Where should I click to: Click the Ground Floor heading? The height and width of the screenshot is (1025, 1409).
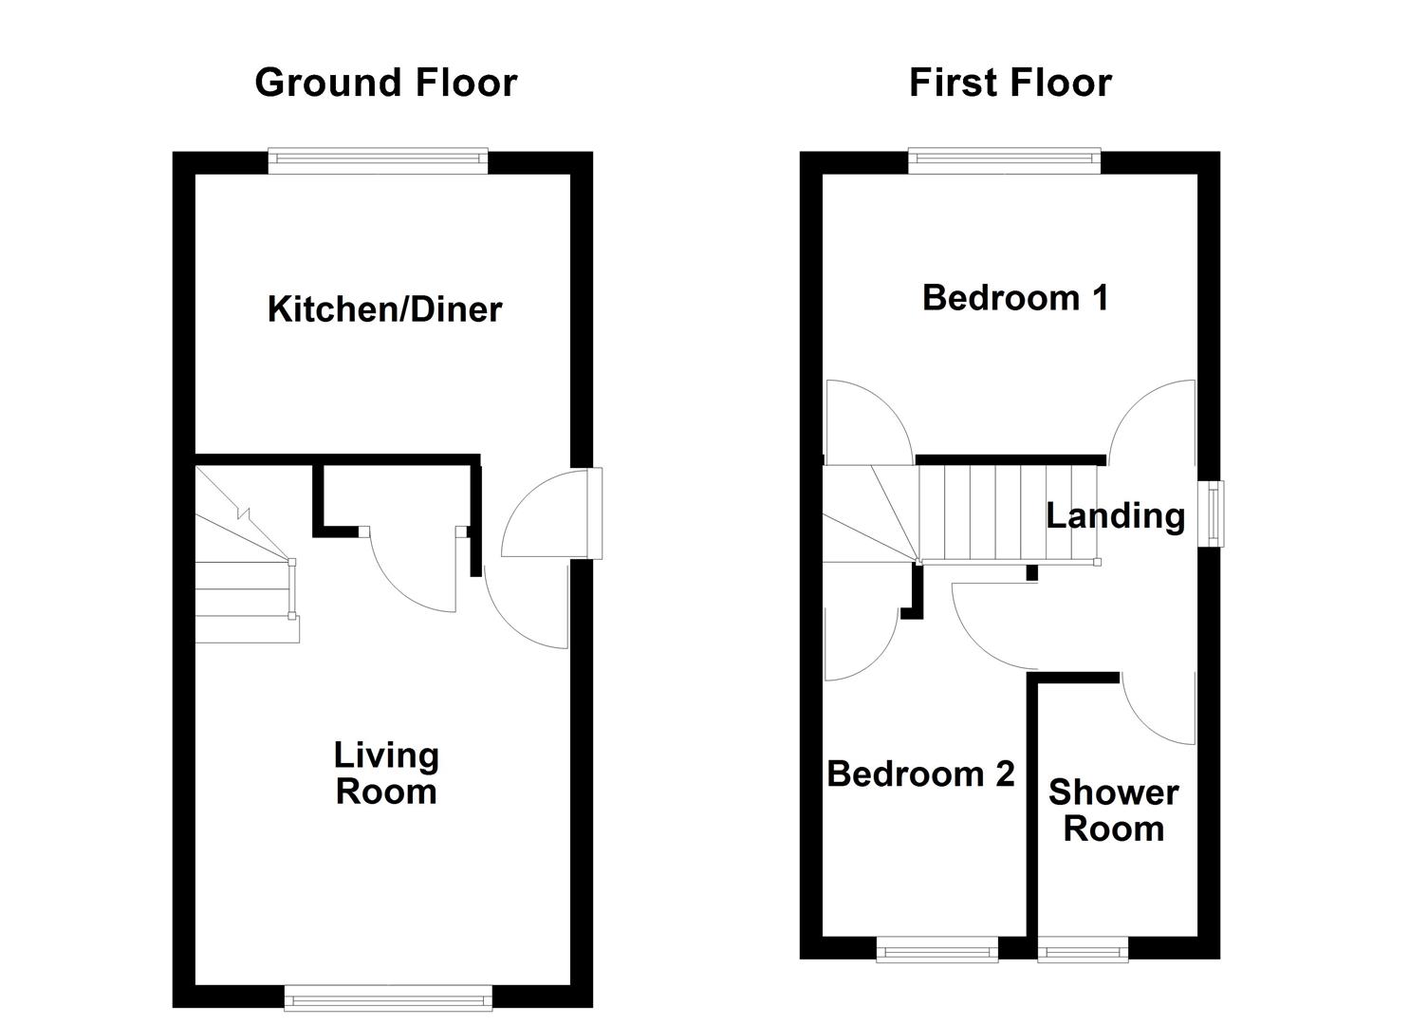[x=385, y=84]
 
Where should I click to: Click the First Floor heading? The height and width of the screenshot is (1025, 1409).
[x=1010, y=84]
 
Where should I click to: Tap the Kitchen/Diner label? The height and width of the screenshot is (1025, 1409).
[x=384, y=309]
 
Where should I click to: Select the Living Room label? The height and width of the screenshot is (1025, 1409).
[x=386, y=773]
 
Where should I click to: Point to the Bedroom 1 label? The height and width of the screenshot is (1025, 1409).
[x=1014, y=298]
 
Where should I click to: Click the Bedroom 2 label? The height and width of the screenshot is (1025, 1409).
[x=921, y=773]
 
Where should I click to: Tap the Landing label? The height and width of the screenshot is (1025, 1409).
[x=1115, y=516]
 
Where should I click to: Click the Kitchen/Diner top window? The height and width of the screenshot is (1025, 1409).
[x=378, y=161]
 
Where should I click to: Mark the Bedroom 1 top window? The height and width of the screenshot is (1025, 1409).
[x=1005, y=161]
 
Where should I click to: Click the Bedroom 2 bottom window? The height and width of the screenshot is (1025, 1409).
[x=937, y=949]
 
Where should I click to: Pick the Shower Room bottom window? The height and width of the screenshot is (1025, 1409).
[x=1083, y=949]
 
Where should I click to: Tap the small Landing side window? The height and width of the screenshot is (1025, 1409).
[x=1211, y=513]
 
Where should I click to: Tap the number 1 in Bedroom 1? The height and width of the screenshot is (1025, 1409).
[x=1101, y=298]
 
